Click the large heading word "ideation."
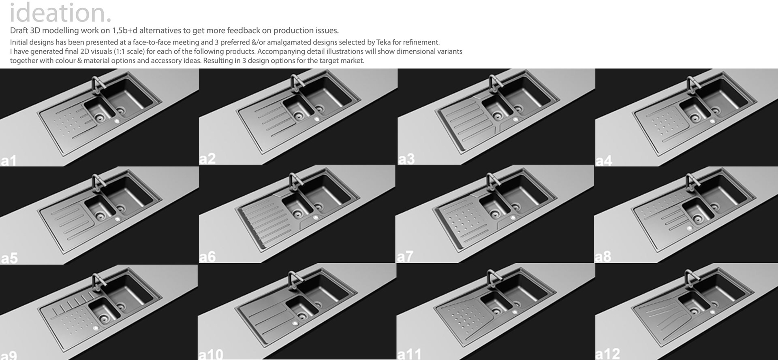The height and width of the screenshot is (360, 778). click(x=60, y=13)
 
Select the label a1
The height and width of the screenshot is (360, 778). click(x=9, y=161)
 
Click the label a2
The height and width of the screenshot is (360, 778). click(x=207, y=159)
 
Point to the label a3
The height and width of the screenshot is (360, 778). click(x=406, y=159)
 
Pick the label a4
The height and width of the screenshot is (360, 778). click(x=604, y=161)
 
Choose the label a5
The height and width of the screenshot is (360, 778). click(x=9, y=258)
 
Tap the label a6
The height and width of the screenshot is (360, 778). click(x=207, y=257)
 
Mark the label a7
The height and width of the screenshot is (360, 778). click(x=405, y=257)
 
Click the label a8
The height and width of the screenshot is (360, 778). click(x=603, y=257)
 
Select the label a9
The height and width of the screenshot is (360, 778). click(x=9, y=355)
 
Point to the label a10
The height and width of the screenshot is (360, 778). click(x=211, y=354)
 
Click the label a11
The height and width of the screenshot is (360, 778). click(x=409, y=354)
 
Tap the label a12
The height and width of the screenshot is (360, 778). click(x=608, y=354)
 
